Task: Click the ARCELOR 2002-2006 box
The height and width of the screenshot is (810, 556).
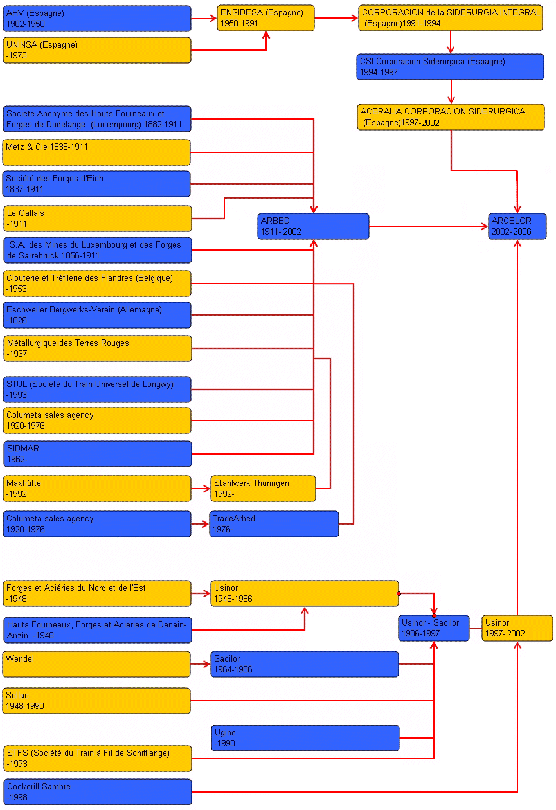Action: [517, 226]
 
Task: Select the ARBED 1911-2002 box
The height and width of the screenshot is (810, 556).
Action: [313, 226]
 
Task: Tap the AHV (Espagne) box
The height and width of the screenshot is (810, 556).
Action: [97, 19]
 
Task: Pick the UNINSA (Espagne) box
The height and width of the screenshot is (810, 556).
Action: [97, 50]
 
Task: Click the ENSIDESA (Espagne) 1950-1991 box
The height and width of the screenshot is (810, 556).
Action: [265, 18]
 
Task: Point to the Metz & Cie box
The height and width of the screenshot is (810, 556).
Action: [97, 152]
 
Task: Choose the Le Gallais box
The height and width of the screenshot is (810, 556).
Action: [97, 219]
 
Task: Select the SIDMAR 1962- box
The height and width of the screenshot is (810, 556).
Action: [97, 454]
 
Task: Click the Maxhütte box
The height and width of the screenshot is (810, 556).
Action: [97, 489]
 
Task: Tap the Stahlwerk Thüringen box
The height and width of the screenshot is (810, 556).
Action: [263, 489]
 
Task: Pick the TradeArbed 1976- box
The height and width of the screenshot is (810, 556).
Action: [274, 524]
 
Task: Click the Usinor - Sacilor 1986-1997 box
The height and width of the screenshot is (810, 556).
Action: [434, 628]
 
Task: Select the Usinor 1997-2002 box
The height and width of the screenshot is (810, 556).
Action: [517, 628]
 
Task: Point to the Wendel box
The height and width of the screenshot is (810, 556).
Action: [97, 664]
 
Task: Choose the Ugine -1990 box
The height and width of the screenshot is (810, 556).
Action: [305, 738]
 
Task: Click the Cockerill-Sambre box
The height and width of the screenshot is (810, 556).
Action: [97, 792]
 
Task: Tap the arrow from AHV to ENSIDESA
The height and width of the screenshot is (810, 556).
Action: [204, 19]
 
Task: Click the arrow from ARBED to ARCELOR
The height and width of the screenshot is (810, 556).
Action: [428, 226]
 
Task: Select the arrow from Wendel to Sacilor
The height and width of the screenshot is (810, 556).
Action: [201, 664]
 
